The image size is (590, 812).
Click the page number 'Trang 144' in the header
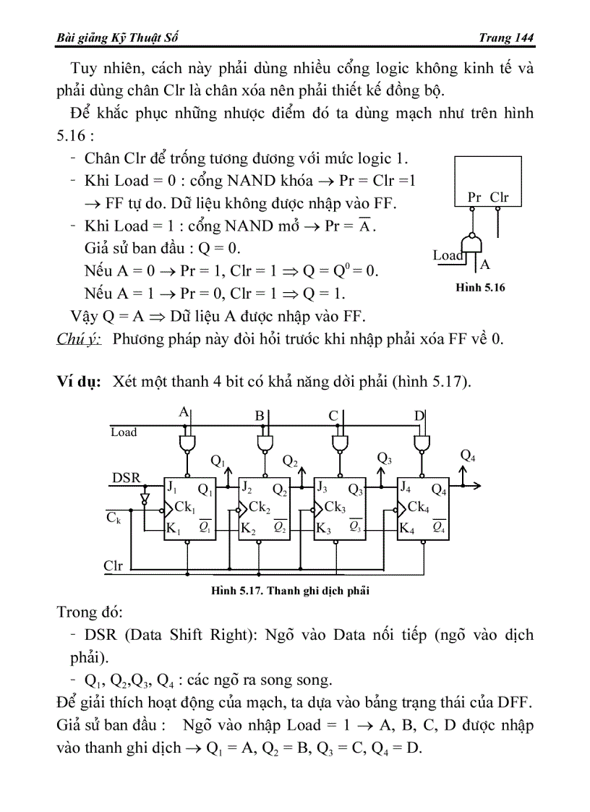click(x=505, y=38)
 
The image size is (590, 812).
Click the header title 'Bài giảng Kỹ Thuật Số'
click(x=114, y=38)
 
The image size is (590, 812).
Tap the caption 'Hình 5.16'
click(x=480, y=288)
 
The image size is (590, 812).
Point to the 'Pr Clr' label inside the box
click(x=488, y=197)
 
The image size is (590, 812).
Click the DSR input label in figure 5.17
click(x=127, y=478)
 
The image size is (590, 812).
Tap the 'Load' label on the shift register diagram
click(x=124, y=432)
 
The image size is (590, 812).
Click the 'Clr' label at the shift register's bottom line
click(x=114, y=565)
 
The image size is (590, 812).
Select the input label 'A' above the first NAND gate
click(x=183, y=412)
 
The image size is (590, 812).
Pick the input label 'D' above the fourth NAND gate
click(x=419, y=415)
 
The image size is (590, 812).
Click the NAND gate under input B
click(x=264, y=442)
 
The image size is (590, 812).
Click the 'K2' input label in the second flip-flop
click(x=249, y=529)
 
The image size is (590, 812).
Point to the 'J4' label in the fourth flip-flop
click(x=406, y=485)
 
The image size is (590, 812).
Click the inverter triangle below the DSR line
click(x=145, y=498)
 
